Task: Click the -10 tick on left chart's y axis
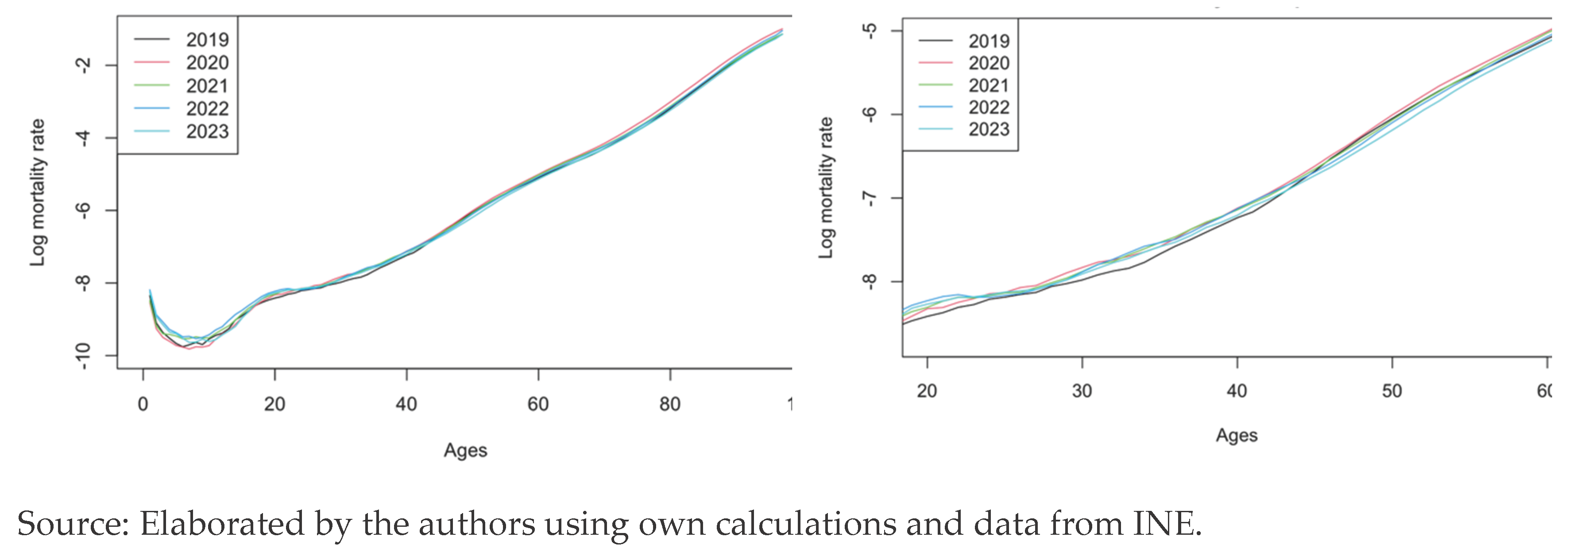point(83,355)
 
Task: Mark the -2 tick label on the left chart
point(83,65)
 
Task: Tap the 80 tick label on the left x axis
point(669,404)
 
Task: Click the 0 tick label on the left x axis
point(143,404)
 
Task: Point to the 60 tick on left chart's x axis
point(537,404)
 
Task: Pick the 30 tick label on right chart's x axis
point(1082,391)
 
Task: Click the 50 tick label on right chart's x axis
point(1392,391)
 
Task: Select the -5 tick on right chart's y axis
point(869,31)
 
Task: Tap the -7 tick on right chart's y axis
point(869,198)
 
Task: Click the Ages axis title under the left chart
point(465,450)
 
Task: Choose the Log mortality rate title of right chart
point(826,188)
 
